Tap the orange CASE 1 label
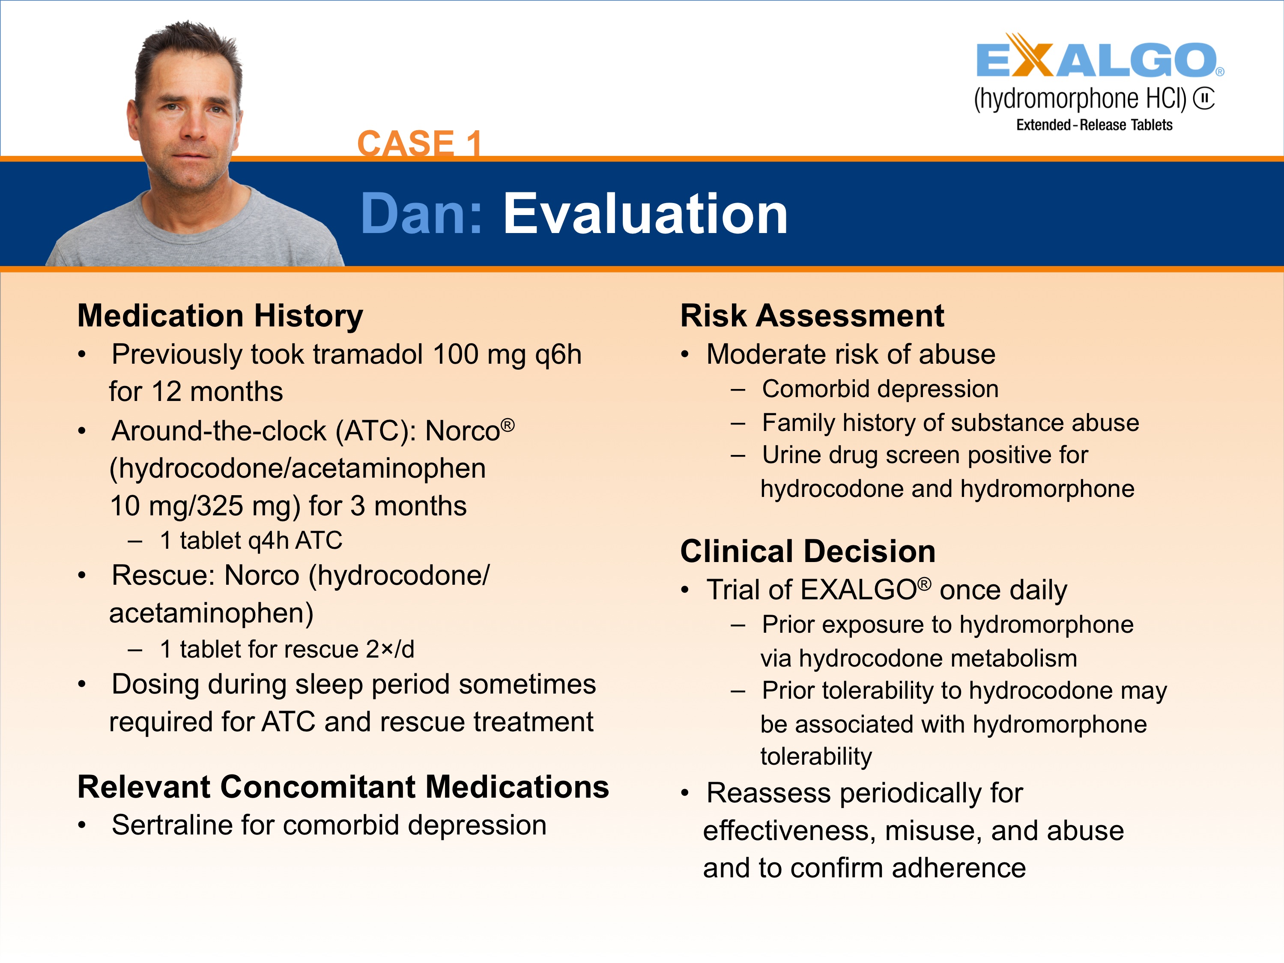click(x=419, y=143)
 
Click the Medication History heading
click(x=220, y=316)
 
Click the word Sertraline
click(x=172, y=825)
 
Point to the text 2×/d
click(x=390, y=649)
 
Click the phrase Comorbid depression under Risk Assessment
click(x=880, y=389)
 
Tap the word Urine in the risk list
click(x=791, y=455)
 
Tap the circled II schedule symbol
click(x=1204, y=98)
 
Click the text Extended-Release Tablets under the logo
click(x=1093, y=125)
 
